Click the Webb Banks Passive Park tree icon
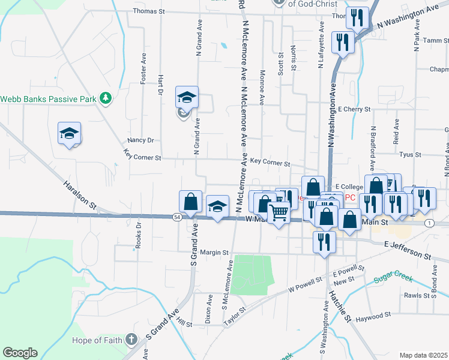(106, 98)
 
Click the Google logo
(20, 353)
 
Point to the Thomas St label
(148, 11)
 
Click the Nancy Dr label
(140, 140)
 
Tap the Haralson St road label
(80, 193)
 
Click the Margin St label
(215, 252)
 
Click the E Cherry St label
(354, 110)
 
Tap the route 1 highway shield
(429, 223)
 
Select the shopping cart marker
(279, 212)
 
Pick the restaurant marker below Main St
(324, 242)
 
